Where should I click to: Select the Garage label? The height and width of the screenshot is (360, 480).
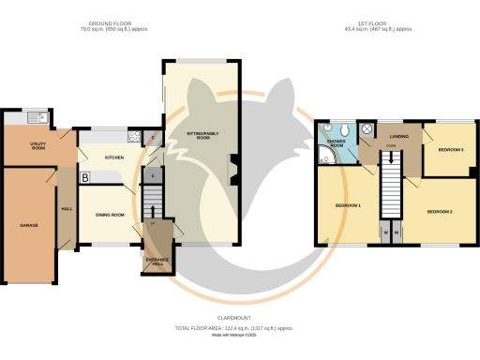[x=28, y=225]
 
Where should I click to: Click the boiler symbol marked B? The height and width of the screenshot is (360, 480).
[x=84, y=177]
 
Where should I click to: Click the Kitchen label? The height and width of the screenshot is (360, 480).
[x=114, y=157]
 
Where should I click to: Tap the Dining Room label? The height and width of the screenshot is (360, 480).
[x=110, y=215]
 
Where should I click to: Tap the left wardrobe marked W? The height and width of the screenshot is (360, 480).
[x=384, y=231]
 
